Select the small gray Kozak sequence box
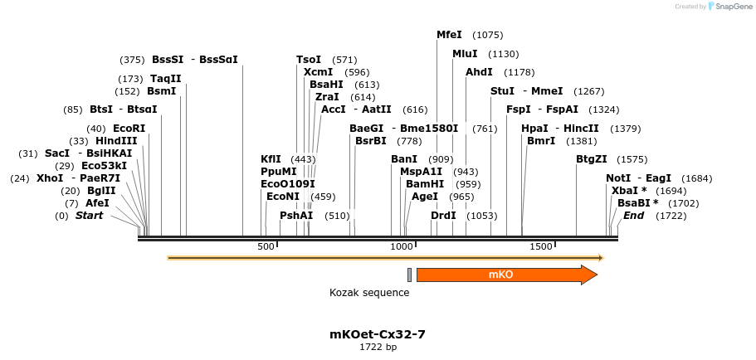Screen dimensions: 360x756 [x=409, y=275]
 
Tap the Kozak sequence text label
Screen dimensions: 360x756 [x=369, y=293]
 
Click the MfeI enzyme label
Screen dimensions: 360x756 [x=449, y=35]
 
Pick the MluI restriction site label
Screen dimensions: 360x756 [x=465, y=54]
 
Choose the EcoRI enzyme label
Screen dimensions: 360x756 [x=129, y=129]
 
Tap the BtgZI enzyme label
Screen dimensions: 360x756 [x=592, y=159]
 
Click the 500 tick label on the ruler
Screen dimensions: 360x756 [x=266, y=247]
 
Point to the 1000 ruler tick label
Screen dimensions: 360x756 [x=402, y=247]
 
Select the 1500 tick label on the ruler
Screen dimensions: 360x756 [x=541, y=247]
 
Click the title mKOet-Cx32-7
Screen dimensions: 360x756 [x=378, y=334]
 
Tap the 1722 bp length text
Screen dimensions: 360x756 [x=378, y=348]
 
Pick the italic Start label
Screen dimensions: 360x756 [x=90, y=216]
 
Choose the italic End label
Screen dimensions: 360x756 [x=633, y=216]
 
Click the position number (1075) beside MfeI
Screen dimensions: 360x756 [x=487, y=35]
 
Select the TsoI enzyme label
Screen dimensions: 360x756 [x=309, y=60]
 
